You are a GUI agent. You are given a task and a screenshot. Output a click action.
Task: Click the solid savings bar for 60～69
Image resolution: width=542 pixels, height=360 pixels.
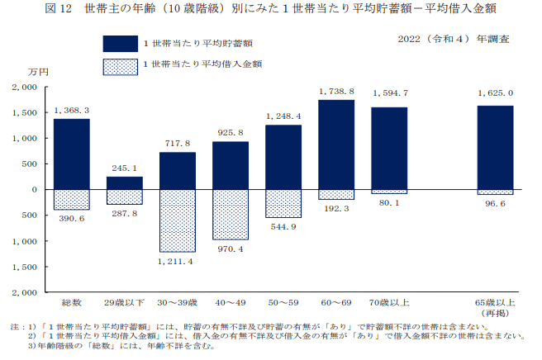pos(335,144)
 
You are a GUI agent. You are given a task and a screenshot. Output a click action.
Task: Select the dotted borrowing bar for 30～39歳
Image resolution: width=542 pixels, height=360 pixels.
pos(178,220)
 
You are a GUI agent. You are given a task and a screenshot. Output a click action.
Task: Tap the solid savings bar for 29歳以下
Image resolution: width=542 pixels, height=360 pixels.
pos(125,182)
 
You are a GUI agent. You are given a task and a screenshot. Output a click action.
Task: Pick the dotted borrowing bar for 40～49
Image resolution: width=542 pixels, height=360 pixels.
pos(231,214)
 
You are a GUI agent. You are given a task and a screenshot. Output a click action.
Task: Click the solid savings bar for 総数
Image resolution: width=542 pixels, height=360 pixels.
pos(72,154)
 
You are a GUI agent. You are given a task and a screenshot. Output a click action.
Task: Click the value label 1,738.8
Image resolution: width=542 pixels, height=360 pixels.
pos(336,92)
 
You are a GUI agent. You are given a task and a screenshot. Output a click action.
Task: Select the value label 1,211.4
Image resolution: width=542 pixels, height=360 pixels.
pos(177,261)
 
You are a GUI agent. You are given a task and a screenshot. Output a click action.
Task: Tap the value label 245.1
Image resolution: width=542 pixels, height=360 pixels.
pos(125,168)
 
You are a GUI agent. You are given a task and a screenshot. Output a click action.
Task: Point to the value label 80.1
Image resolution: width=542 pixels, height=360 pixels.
pos(388,203)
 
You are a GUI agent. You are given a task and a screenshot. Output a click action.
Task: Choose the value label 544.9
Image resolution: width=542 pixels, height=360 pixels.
pos(283,226)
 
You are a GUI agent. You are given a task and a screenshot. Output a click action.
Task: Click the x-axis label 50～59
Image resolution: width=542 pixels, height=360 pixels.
pos(283,303)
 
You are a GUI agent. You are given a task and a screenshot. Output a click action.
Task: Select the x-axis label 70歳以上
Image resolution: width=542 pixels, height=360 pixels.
pos(388,303)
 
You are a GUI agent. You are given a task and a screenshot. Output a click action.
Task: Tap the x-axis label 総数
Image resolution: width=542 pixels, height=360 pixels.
pos(72,303)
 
